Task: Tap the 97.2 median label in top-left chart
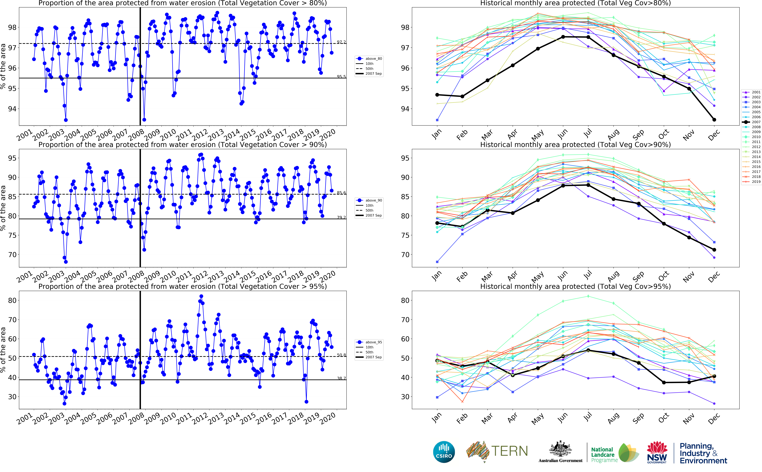(x=341, y=42)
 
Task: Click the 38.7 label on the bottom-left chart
(x=341, y=378)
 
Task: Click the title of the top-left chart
(x=183, y=3)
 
